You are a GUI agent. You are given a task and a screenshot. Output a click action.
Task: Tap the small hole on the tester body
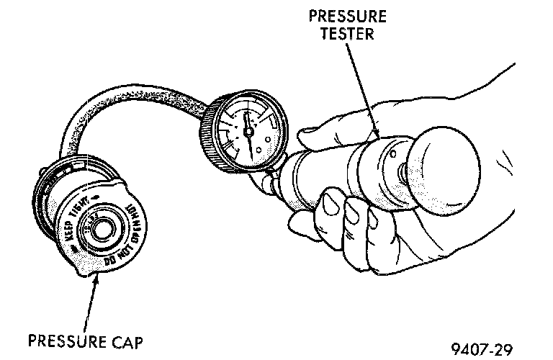coord(393,153)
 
